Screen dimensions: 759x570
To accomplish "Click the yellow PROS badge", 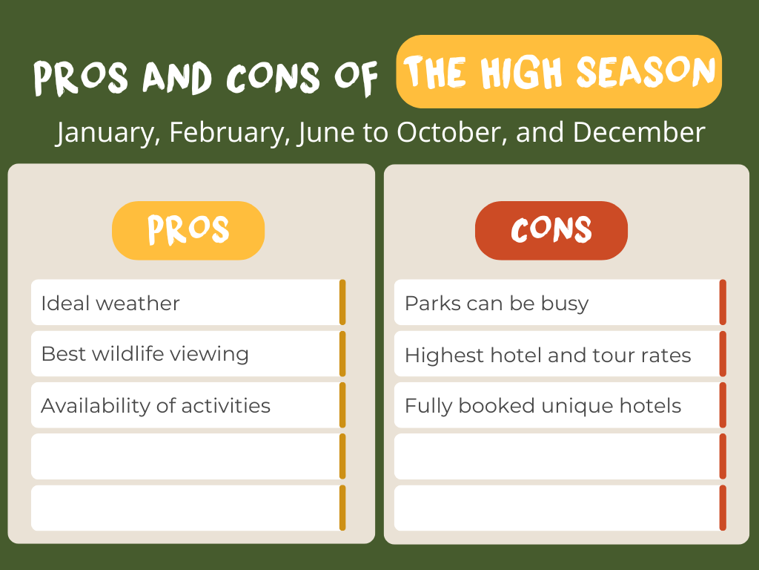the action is [x=188, y=230].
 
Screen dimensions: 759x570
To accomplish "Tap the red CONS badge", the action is [x=551, y=230].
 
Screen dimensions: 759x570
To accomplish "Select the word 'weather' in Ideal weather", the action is [x=137, y=304].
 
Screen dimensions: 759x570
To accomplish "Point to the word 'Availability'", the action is [x=95, y=406].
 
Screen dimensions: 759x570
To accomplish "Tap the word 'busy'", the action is [x=565, y=304].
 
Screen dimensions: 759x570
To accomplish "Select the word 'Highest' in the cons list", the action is [x=445, y=356].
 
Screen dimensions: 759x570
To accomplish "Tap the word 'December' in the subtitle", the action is [x=639, y=132].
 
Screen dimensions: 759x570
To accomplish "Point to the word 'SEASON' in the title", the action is [x=646, y=72].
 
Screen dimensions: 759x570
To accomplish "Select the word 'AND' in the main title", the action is [x=177, y=77].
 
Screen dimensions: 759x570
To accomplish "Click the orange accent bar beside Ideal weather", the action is [x=342, y=302].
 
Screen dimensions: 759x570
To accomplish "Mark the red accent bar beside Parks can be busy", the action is [x=723, y=302].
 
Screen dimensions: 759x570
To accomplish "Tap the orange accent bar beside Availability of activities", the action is [x=342, y=405].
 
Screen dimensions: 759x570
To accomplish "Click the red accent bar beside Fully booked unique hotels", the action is [x=723, y=405].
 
